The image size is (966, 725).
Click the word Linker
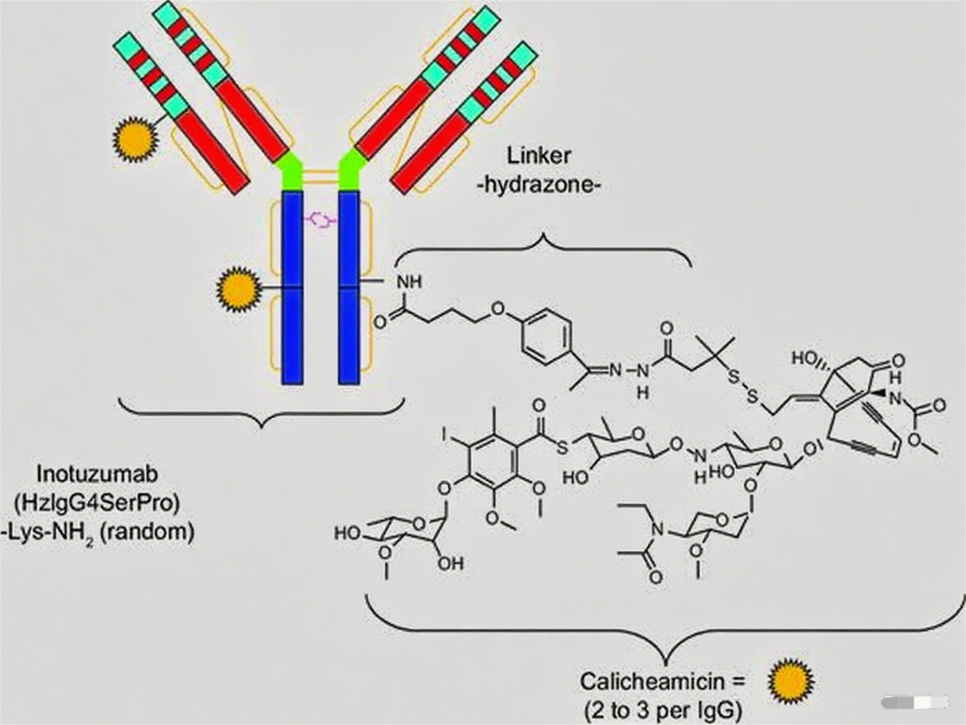tap(538, 155)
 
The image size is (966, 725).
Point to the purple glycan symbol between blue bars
tap(320, 220)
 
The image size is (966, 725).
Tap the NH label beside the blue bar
tap(410, 283)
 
